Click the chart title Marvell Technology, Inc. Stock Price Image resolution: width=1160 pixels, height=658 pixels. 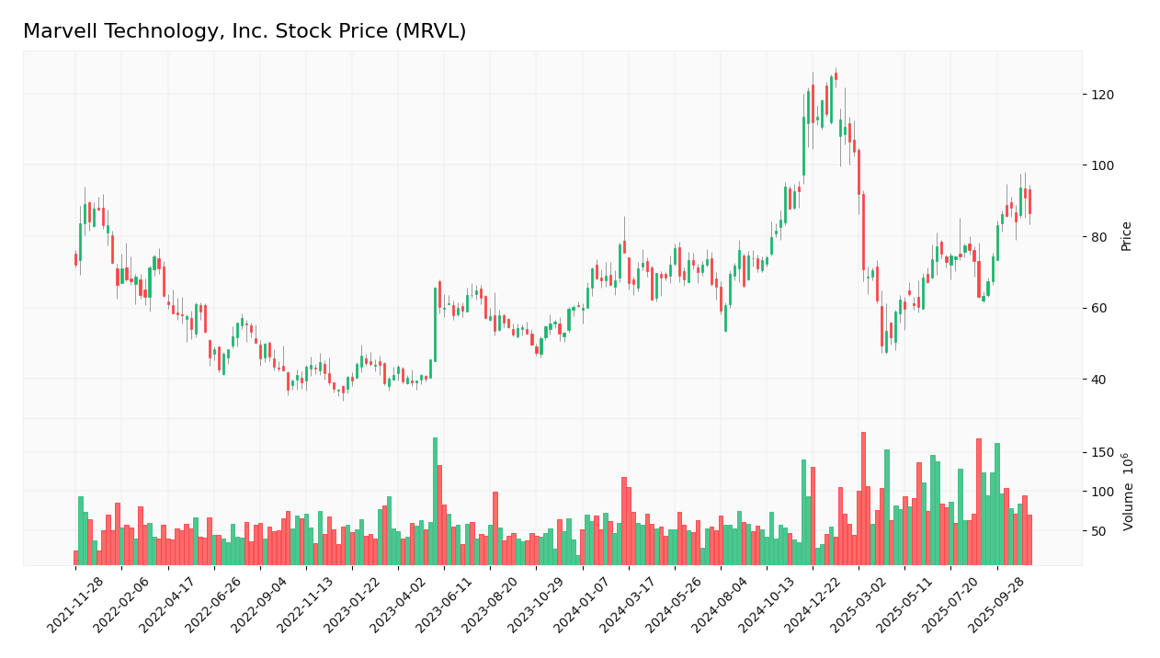pyautogui.click(x=245, y=32)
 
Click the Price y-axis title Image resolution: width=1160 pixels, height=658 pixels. pyautogui.click(x=1126, y=236)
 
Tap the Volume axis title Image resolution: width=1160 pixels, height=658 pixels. pyautogui.click(x=1128, y=492)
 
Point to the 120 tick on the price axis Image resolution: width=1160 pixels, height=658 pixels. pyautogui.click(x=1103, y=95)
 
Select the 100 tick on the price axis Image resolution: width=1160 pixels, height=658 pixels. pyautogui.click(x=1103, y=165)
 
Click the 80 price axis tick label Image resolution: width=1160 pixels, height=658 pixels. pyautogui.click(x=1100, y=237)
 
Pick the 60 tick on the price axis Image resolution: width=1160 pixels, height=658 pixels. pyautogui.click(x=1100, y=308)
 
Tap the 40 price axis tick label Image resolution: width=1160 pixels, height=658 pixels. pyautogui.click(x=1100, y=380)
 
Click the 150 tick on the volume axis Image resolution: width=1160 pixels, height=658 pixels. pyautogui.click(x=1103, y=452)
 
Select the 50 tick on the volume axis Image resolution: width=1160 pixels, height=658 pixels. pyautogui.click(x=1100, y=531)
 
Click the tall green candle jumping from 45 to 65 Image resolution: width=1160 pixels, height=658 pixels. pyautogui.click(x=435, y=324)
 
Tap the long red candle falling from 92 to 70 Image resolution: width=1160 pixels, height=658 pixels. pyautogui.click(x=863, y=232)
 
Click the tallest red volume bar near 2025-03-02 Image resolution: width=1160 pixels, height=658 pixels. pyautogui.click(x=863, y=498)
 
